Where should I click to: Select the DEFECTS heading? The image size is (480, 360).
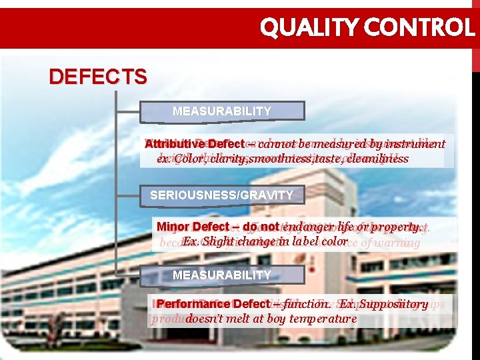pyautogui.click(x=98, y=77)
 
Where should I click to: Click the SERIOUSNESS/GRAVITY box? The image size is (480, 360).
pyautogui.click(x=221, y=195)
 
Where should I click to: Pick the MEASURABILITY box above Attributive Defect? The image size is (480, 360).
pyautogui.click(x=221, y=111)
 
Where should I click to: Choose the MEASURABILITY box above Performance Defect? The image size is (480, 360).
pyautogui.click(x=221, y=275)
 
